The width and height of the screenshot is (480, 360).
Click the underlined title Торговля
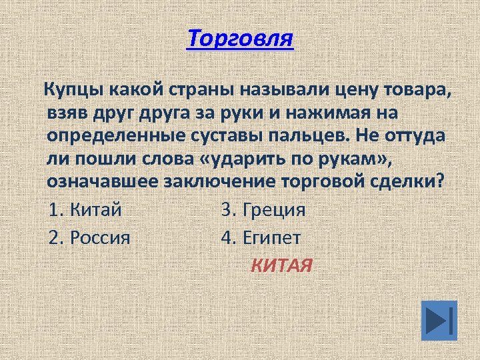coord(240,39)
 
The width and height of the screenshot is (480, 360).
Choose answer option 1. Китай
coord(86,210)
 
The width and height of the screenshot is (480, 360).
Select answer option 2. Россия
coord(90,237)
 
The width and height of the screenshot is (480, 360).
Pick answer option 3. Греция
coord(264,210)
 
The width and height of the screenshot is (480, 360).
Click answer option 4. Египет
coord(261,237)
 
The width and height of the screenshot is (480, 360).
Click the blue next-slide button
coord(439,320)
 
